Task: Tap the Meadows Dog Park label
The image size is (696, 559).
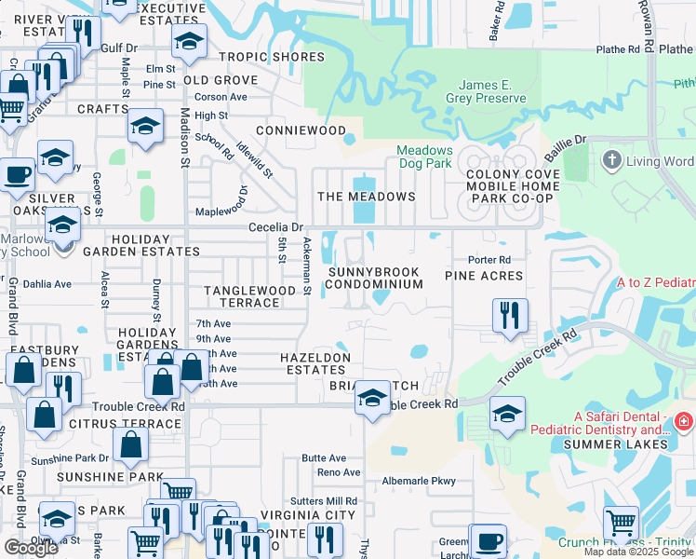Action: [x=424, y=157]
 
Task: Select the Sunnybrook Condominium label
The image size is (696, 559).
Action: [x=373, y=278]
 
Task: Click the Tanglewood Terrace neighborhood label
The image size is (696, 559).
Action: [x=249, y=296]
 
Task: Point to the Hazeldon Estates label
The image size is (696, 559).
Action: [x=316, y=363]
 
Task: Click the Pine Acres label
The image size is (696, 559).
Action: [x=484, y=276]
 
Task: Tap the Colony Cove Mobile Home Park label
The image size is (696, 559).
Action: [x=513, y=185]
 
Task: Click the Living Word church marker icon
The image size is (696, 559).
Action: [x=611, y=160]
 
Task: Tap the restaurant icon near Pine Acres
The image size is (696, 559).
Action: [x=510, y=316]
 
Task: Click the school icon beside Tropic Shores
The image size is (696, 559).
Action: [x=189, y=43]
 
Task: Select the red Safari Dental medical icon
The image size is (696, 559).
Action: [x=684, y=423]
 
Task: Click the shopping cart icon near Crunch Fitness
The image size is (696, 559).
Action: [x=620, y=524]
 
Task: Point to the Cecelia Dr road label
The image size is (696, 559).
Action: [x=276, y=227]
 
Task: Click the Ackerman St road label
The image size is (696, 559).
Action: [x=307, y=266]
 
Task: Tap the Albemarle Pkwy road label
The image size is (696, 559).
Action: [x=419, y=482]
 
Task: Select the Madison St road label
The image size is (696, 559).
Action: [x=184, y=138]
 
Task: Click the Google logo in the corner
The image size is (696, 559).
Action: [x=31, y=548]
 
